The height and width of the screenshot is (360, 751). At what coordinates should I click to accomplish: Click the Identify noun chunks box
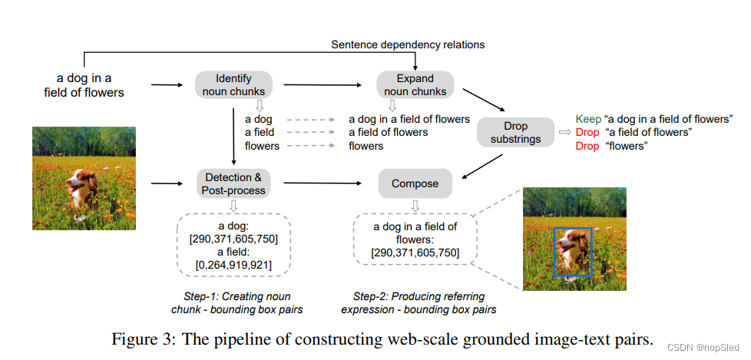click(233, 85)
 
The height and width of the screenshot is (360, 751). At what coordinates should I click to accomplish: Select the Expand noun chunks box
click(415, 85)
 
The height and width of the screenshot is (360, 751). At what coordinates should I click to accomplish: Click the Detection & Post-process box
click(233, 183)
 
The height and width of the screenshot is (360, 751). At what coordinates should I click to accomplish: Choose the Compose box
click(415, 183)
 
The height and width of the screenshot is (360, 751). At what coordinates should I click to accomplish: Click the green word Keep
click(588, 119)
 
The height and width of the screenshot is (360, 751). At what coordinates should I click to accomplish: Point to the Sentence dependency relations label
click(408, 45)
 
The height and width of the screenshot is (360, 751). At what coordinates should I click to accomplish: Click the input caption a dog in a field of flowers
click(90, 85)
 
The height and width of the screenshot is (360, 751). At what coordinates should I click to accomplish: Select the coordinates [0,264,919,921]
click(233, 265)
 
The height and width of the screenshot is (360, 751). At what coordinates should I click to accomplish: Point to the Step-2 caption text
click(419, 302)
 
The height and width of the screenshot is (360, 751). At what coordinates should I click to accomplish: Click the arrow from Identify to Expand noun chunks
click(323, 85)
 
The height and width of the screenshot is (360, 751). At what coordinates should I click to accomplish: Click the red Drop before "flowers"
click(587, 146)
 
